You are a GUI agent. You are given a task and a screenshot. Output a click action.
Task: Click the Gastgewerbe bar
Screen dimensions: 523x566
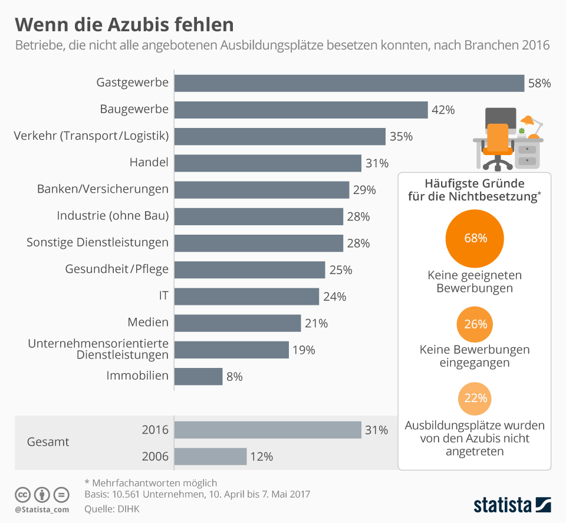click(x=349, y=83)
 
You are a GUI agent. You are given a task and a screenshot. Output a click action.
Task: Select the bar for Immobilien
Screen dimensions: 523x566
click(x=198, y=376)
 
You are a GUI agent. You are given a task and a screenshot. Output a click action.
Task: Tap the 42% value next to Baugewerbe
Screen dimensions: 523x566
click(x=443, y=110)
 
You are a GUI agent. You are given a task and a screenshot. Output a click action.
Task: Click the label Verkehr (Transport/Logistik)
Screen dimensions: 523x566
click(x=91, y=136)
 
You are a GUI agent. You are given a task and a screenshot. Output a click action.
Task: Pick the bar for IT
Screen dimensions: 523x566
click(x=246, y=296)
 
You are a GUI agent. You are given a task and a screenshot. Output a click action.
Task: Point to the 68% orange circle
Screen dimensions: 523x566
click(x=475, y=238)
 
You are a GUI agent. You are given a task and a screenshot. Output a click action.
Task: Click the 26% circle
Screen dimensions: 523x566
click(x=475, y=324)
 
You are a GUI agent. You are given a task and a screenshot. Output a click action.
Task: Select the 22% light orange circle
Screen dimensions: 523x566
click(x=475, y=397)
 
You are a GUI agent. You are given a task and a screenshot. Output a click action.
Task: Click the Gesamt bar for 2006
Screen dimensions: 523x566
click(x=210, y=456)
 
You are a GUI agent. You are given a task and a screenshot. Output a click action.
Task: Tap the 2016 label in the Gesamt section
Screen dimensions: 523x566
click(x=155, y=430)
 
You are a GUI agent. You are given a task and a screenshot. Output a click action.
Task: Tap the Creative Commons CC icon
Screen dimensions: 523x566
click(x=23, y=494)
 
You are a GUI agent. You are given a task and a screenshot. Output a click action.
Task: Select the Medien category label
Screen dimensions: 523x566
click(x=148, y=323)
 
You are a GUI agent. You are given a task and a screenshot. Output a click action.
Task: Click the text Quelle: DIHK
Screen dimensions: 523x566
click(x=113, y=508)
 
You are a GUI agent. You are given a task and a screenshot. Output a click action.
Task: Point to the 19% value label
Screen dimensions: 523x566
click(x=304, y=350)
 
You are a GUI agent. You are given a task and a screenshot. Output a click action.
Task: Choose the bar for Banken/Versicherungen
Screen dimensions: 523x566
click(x=262, y=190)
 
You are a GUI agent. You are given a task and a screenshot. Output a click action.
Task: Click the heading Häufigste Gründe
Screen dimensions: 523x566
click(x=475, y=184)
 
